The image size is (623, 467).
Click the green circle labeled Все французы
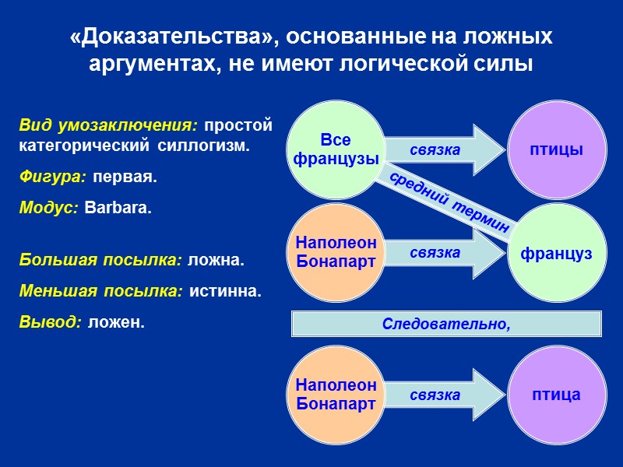[335, 149]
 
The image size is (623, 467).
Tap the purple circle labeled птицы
[558, 149]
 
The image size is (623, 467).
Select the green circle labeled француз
[558, 253]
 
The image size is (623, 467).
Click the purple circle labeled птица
[558, 395]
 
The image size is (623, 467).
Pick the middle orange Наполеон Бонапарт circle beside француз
[335, 253]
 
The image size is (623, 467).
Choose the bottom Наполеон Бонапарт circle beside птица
[335, 395]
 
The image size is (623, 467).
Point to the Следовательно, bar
[446, 323]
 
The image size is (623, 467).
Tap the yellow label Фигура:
[52, 177]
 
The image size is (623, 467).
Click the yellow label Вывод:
[50, 322]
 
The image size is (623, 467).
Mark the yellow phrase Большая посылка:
[100, 260]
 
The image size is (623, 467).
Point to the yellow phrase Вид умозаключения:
[109, 125]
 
